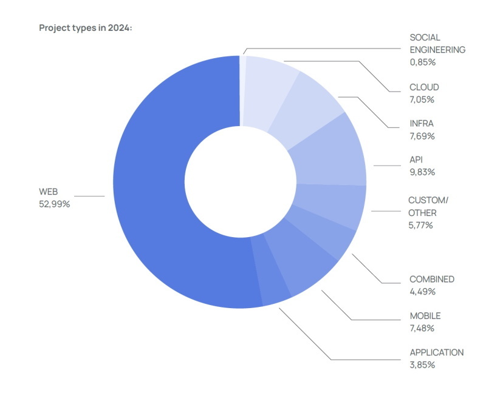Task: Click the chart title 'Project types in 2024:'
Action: coord(86,28)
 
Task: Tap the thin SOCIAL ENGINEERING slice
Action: coord(242,91)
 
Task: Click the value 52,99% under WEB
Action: coord(54,204)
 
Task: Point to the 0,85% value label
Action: coord(422,62)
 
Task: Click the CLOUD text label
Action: coord(424,87)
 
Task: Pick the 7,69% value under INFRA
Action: coord(422,136)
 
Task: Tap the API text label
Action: coord(416,160)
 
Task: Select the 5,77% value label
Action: coord(422,225)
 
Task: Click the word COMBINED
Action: coord(432,280)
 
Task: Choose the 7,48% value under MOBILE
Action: coord(422,328)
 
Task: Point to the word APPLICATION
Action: coord(436,352)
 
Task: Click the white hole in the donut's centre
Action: coord(240,182)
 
